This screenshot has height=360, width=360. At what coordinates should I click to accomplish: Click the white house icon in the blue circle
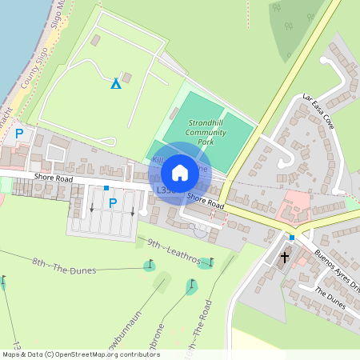pyautogui.click(x=180, y=172)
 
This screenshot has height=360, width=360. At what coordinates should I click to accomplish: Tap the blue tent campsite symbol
pyautogui.click(x=116, y=83)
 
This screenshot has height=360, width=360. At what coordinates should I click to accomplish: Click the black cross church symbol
pyautogui.click(x=285, y=258)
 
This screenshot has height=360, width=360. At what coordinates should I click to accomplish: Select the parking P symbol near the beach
pyautogui.click(x=19, y=134)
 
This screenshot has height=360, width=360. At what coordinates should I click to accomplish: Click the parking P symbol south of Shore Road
pyautogui.click(x=112, y=203)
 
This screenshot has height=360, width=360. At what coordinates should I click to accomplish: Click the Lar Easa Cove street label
pyautogui.click(x=318, y=111)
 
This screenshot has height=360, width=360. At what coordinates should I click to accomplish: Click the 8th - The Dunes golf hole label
pyautogui.click(x=64, y=266)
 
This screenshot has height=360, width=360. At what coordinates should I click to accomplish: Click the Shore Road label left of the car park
pyautogui.click(x=54, y=178)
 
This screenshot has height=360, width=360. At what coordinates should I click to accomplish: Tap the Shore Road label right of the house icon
pyautogui.click(x=206, y=201)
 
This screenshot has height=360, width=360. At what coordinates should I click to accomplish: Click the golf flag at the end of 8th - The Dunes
pyautogui.click(x=149, y=264)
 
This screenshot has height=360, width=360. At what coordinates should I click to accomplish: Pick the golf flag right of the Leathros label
pyautogui.click(x=211, y=262)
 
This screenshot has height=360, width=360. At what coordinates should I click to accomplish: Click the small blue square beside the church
pyautogui.click(x=292, y=238)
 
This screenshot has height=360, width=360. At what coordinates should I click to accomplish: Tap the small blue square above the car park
pyautogui.click(x=106, y=188)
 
